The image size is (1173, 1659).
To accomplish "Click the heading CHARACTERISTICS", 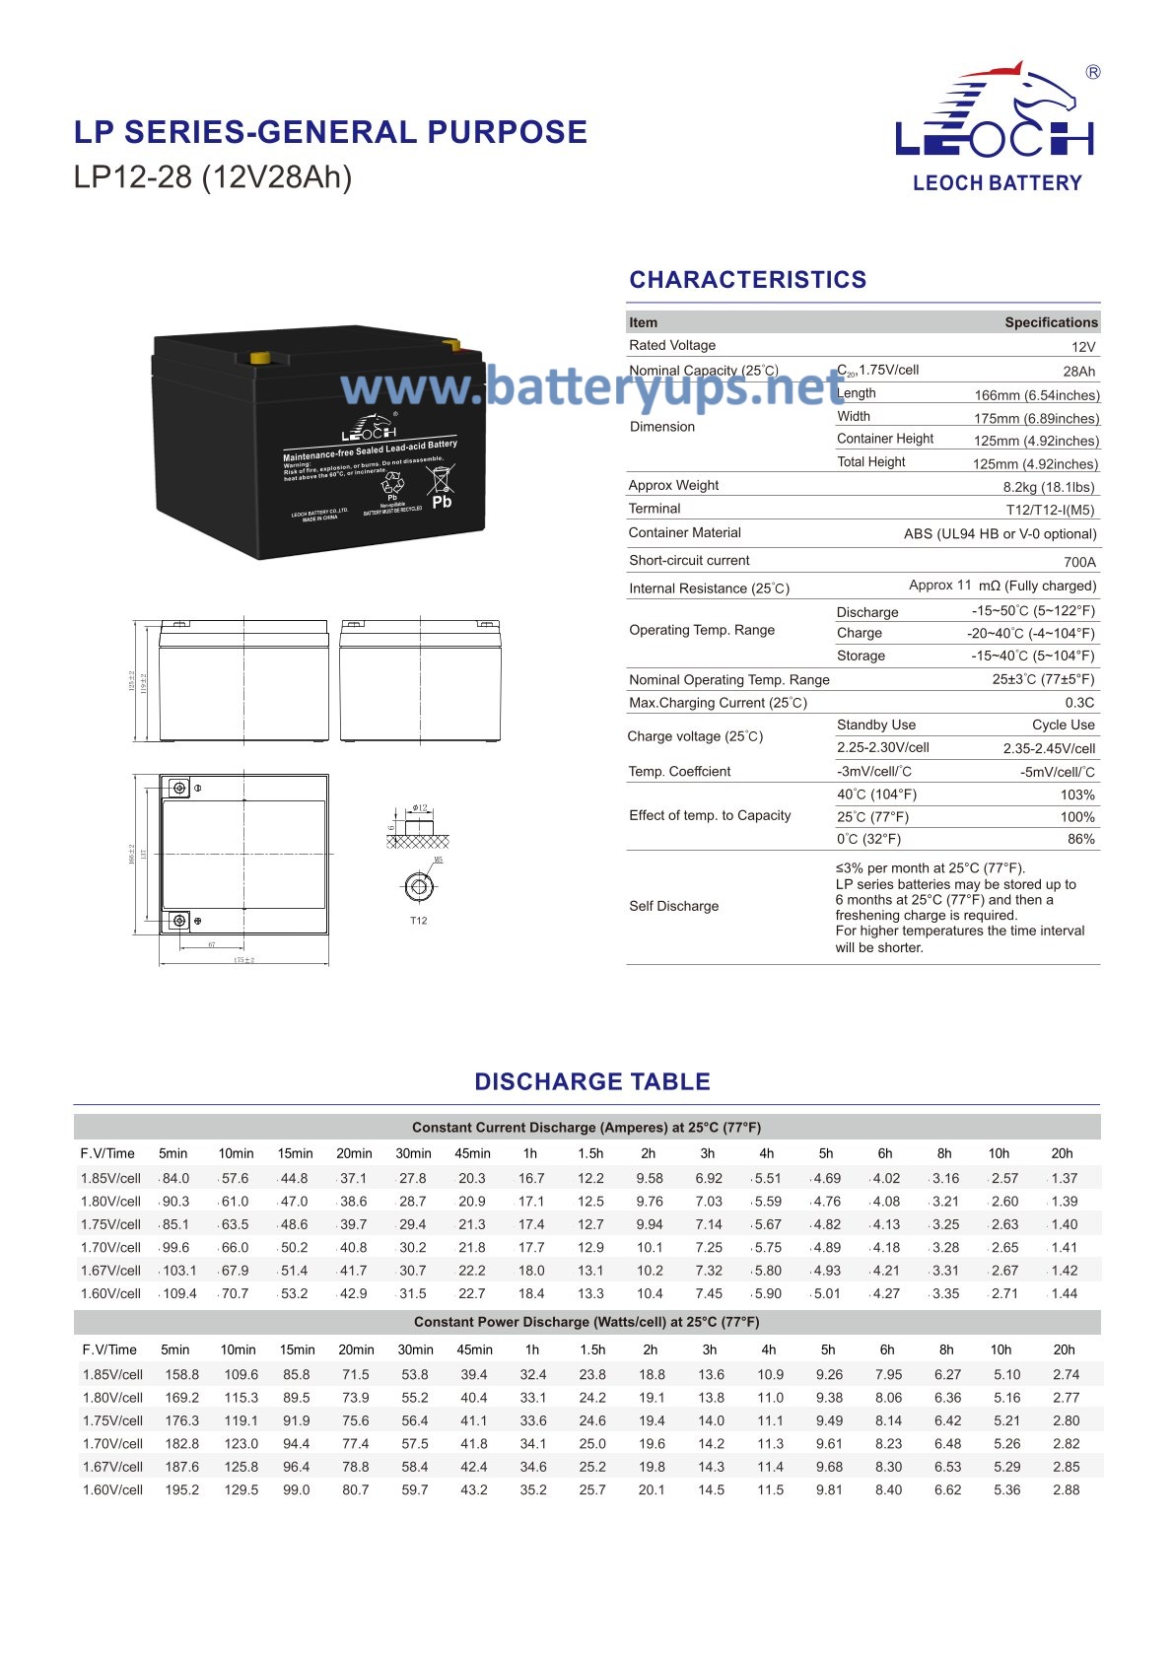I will tap(748, 280).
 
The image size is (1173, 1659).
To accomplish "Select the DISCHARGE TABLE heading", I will tap(591, 1081).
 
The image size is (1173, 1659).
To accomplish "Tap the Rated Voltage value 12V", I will tap(1082, 347).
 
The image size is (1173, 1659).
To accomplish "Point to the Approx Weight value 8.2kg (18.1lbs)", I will tap(1048, 487).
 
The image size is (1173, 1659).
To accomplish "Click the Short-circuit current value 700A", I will tap(1079, 562).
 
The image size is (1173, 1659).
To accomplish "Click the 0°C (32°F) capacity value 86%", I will tap(1080, 839).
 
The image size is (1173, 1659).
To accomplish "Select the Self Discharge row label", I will tap(674, 906).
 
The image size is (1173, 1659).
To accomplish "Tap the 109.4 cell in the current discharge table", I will tap(179, 1293).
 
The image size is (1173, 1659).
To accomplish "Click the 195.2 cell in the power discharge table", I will tap(182, 1489).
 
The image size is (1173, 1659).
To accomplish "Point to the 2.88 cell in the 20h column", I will tap(1066, 1489).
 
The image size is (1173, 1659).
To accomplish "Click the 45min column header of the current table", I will tap(472, 1153).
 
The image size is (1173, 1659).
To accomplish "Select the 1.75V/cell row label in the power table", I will tap(113, 1420).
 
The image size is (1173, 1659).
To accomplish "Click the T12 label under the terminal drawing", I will tap(419, 921).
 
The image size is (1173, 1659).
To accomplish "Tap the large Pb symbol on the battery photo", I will tap(442, 502).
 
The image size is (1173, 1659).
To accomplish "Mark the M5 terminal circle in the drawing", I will tap(419, 886).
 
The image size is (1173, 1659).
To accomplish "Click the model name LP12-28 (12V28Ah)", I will tap(213, 177).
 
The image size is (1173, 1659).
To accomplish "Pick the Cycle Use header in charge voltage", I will tap(1063, 725).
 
